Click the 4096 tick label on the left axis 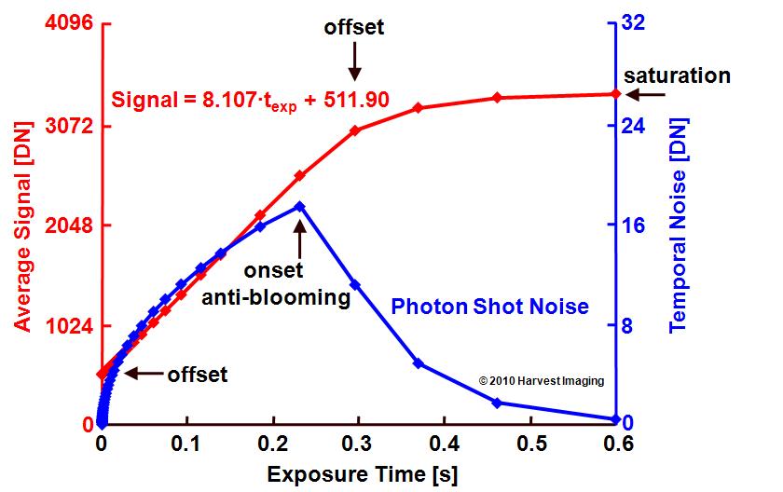click(69, 22)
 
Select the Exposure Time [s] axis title click(363, 474)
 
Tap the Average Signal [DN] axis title click(22, 226)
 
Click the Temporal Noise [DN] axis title click(679, 225)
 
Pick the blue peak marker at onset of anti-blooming click(299, 207)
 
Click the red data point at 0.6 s click(616, 94)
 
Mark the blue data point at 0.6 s click(616, 419)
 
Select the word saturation click(677, 75)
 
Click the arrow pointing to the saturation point click(645, 94)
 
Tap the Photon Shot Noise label click(490, 307)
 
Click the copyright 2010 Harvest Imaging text click(542, 381)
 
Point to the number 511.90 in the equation click(356, 100)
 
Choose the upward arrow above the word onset click(299, 239)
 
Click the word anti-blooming click(276, 297)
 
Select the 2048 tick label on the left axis click(69, 225)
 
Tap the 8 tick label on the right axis click(626, 326)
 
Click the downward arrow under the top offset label click(354, 61)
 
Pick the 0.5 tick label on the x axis click(530, 444)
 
